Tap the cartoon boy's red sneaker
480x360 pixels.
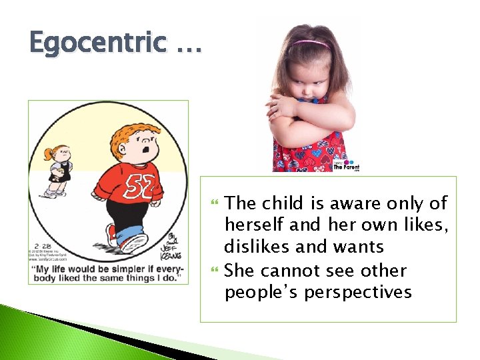point(113,234)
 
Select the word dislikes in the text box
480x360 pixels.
point(257,247)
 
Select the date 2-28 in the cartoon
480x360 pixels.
point(37,243)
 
